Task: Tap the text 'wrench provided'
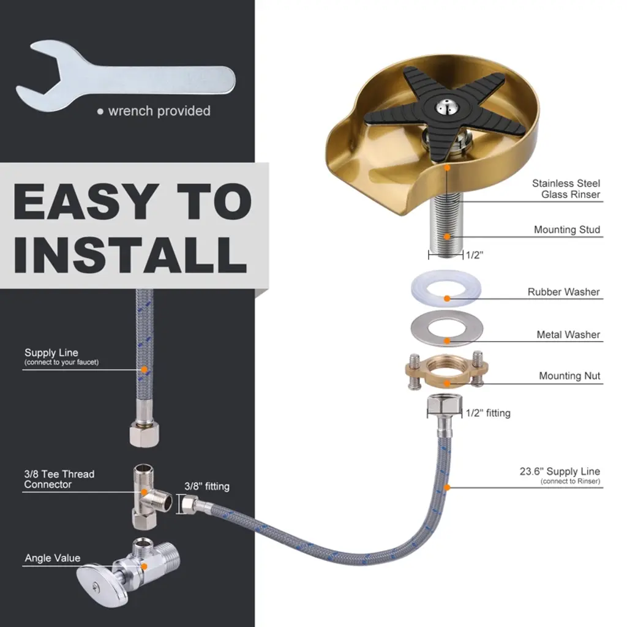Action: (159, 111)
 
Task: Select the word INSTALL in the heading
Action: (130, 254)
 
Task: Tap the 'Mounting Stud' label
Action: (567, 230)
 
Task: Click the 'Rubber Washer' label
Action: (563, 292)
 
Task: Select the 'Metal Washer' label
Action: (568, 335)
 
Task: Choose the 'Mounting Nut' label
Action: (569, 376)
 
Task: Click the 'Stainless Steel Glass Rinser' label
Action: (566, 189)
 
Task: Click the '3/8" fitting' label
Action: (207, 486)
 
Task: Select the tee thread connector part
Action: (149, 496)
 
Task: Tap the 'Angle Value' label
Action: (53, 558)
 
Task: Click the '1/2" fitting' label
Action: (488, 413)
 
